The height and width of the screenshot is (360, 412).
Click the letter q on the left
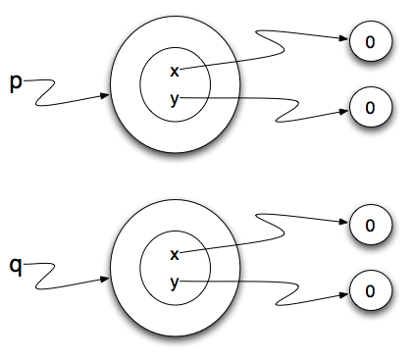[x=16, y=265]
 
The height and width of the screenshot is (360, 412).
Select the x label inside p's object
[x=175, y=72]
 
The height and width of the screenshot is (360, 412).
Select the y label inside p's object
[x=175, y=97]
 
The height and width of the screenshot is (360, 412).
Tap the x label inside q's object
[x=175, y=255]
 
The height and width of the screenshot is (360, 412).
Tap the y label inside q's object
[x=175, y=282]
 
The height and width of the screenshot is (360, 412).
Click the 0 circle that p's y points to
[x=370, y=104]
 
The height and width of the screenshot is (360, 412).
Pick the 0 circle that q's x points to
[x=370, y=225]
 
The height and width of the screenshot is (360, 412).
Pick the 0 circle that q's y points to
[x=370, y=289]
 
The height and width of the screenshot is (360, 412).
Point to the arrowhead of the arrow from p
[x=105, y=96]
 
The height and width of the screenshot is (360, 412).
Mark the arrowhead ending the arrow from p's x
[x=345, y=41]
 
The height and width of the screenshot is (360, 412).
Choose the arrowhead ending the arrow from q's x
[x=345, y=224]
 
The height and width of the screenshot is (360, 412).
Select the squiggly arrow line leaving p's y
[x=265, y=101]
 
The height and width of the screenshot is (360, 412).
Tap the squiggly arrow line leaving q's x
[x=265, y=234]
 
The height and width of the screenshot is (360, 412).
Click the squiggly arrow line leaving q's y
[x=265, y=283]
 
